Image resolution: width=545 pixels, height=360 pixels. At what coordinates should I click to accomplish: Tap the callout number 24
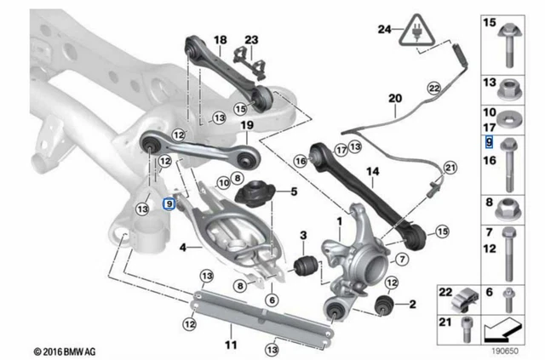[x=385, y=29]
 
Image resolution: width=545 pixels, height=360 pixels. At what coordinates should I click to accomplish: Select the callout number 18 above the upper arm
[x=221, y=40]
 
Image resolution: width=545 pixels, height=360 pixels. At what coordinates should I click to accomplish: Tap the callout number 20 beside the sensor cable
[x=394, y=99]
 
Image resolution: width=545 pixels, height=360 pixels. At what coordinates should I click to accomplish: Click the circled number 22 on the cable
[x=433, y=88]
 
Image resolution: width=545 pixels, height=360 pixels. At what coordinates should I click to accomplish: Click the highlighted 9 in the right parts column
[x=489, y=142]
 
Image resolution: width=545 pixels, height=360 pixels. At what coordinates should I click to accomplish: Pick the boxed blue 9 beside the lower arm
[x=170, y=203]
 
